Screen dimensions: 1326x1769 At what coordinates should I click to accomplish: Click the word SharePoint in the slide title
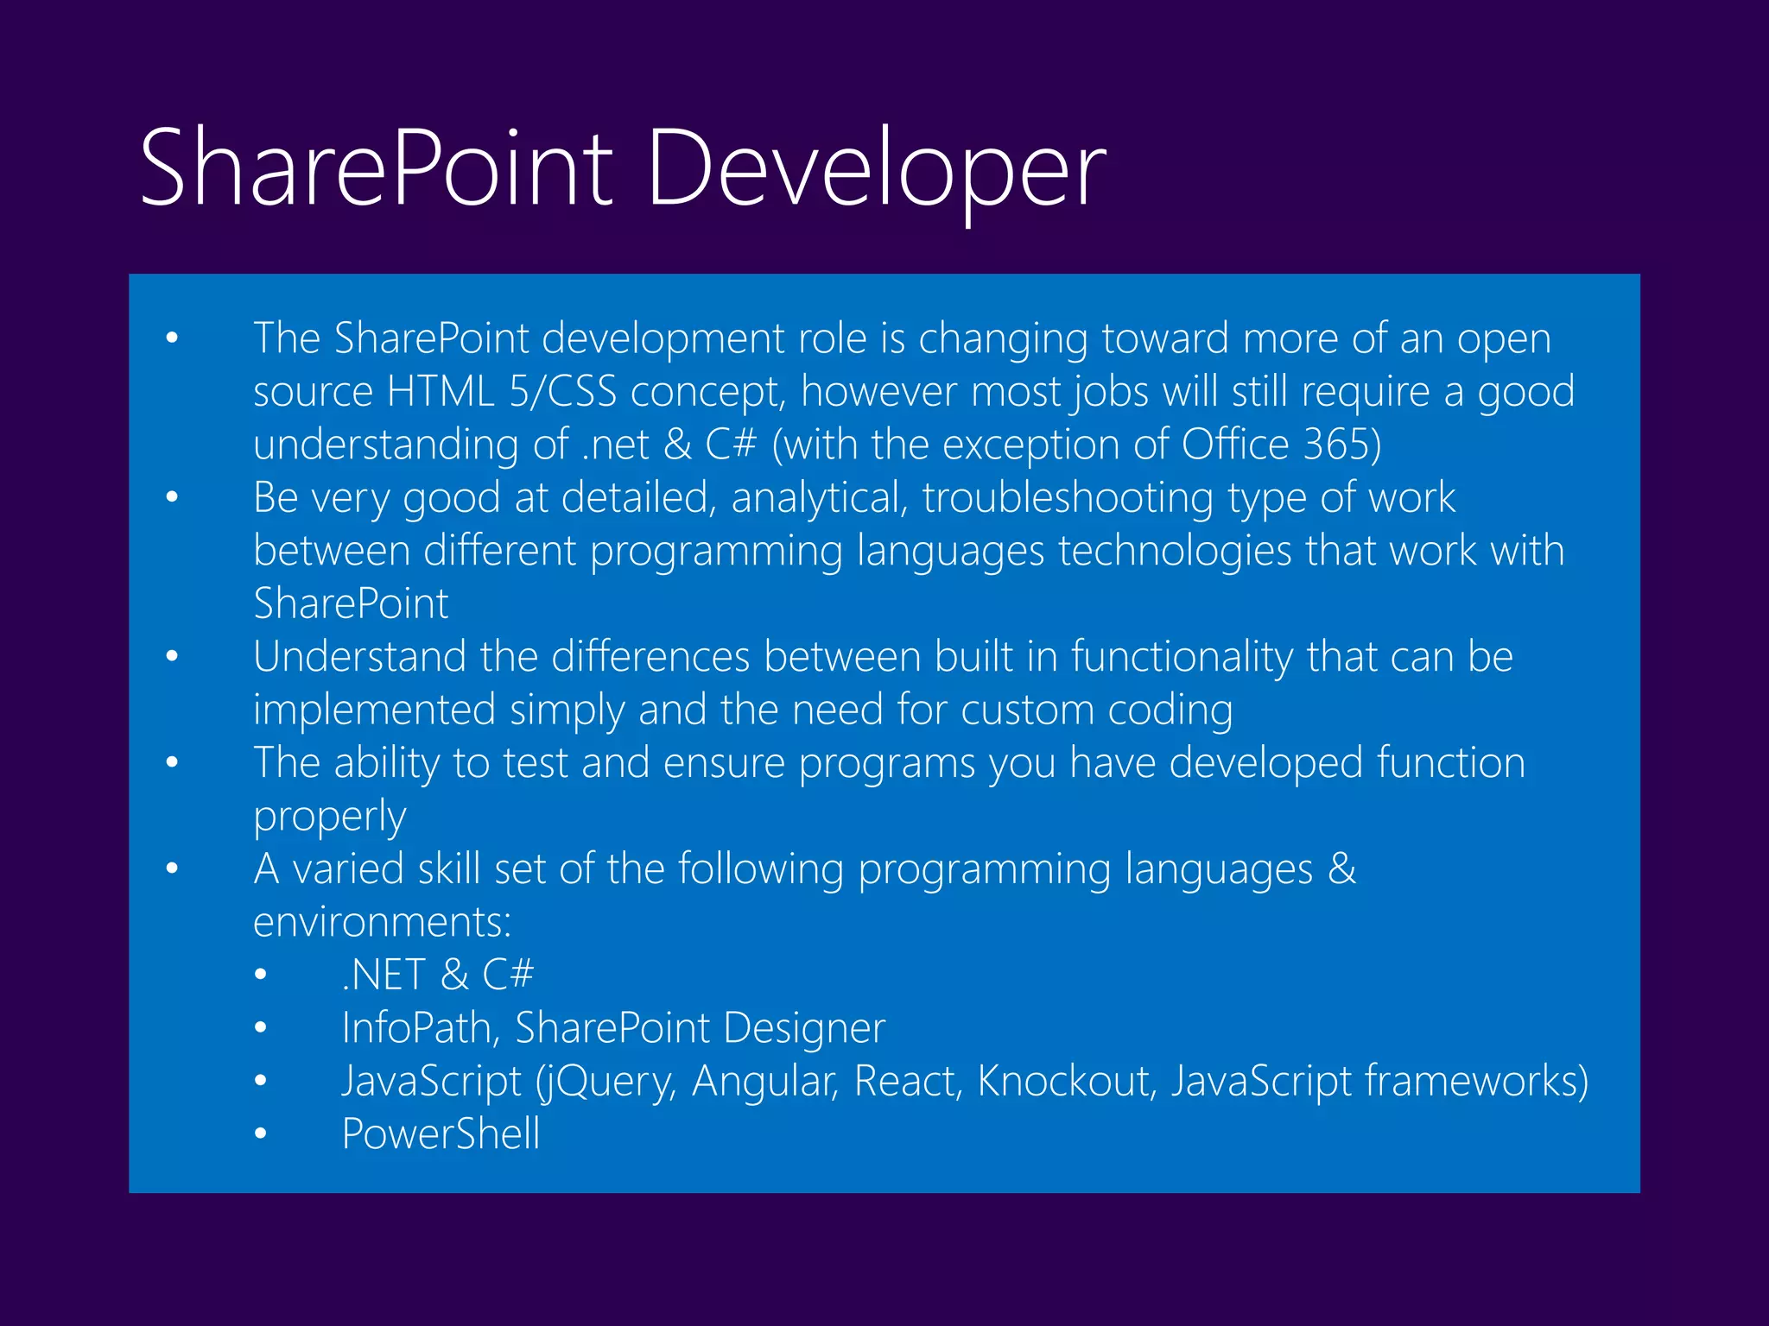coord(376,168)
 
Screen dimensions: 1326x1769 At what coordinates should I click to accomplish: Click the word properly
coord(329,817)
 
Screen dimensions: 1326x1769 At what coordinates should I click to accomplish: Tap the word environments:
coord(382,923)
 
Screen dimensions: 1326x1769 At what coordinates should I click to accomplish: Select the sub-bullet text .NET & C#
coord(438,976)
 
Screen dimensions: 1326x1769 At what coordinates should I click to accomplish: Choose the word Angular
coord(764,1082)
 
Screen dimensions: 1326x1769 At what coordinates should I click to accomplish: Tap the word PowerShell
coord(441,1134)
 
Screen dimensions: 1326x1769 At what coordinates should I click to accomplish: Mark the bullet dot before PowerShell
coord(261,1134)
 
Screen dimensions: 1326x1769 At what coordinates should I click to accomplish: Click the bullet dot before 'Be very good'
coord(172,498)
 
